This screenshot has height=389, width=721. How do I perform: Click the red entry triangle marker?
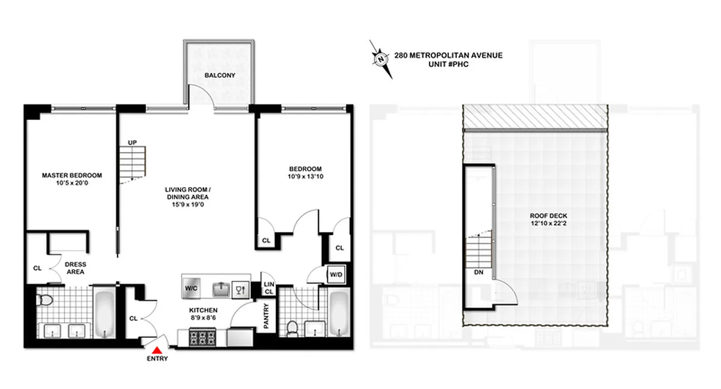pyautogui.click(x=157, y=350)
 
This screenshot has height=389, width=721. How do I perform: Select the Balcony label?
pyautogui.click(x=220, y=76)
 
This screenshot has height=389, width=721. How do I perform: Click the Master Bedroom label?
pyautogui.click(x=72, y=175)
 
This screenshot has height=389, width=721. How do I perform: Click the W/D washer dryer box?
pyautogui.click(x=336, y=275)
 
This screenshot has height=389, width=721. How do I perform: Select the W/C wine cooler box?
pyautogui.click(x=190, y=288)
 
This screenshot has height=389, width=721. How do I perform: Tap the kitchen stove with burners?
pyautogui.click(x=202, y=337)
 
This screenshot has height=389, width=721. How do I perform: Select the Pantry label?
pyautogui.click(x=266, y=316)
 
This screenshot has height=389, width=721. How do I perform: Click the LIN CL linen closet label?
pyautogui.click(x=269, y=288)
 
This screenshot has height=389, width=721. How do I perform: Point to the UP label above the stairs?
pyautogui.click(x=132, y=142)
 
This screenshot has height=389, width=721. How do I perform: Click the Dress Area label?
pyautogui.click(x=75, y=268)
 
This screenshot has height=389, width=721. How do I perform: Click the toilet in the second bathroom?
pyautogui.click(x=292, y=328)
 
